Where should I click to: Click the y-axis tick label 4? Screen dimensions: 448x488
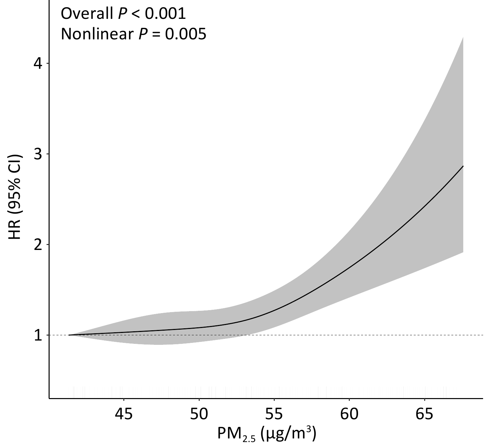(39, 63)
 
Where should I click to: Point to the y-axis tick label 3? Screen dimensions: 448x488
(39, 154)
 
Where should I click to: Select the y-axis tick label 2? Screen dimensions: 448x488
(39, 245)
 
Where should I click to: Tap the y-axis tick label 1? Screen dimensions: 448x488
(39, 335)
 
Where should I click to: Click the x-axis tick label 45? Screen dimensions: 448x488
(124, 414)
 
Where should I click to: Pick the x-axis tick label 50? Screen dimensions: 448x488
(199, 414)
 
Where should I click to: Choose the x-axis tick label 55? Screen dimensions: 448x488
(274, 414)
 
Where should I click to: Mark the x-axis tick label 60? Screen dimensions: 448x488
(349, 414)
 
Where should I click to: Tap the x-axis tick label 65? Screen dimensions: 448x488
(425, 414)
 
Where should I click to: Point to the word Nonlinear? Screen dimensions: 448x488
(97, 34)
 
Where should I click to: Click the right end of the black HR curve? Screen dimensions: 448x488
(463, 166)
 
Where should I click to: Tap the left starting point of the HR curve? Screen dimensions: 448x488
(69, 335)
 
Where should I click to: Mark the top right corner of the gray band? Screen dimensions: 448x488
(463, 38)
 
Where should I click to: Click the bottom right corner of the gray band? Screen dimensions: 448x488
(463, 252)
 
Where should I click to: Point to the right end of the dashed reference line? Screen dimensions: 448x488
(483, 335)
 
